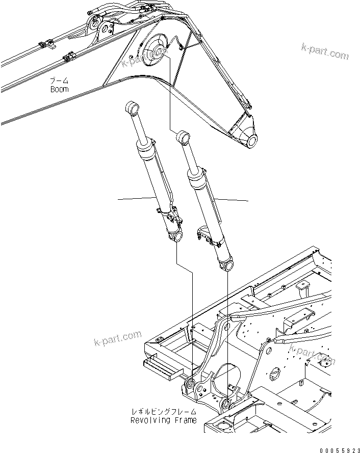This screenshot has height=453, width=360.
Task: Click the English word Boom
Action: click(59, 89)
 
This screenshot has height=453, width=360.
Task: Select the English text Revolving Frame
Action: click(163, 420)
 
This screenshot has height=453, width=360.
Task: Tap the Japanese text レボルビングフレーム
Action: click(163, 412)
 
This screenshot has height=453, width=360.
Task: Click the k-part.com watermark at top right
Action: click(324, 51)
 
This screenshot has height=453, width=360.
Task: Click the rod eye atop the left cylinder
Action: click(132, 108)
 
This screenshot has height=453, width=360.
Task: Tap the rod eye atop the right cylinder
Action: click(183, 137)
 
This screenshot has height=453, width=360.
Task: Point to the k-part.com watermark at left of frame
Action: click(117, 337)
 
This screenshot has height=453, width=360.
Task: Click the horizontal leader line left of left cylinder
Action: click(135, 199)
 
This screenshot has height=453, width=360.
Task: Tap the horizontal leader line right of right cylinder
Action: click(232, 199)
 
